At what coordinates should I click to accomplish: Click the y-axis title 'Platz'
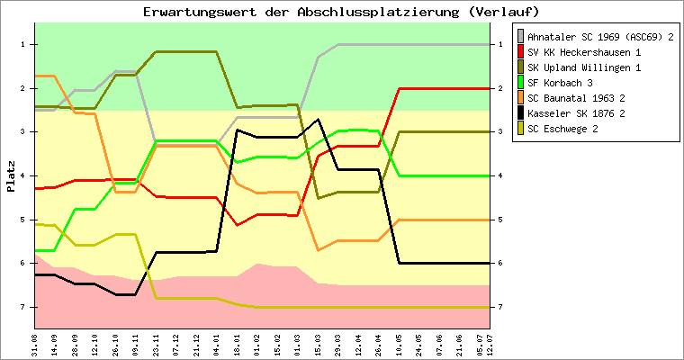tap(11, 176)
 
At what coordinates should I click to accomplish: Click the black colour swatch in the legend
tap(520, 113)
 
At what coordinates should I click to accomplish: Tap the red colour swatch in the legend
tap(520, 52)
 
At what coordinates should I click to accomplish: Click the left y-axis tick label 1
tap(21, 44)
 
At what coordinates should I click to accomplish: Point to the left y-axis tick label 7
tap(21, 307)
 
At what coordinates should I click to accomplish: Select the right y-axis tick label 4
tap(498, 175)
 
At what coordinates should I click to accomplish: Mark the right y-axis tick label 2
tap(498, 88)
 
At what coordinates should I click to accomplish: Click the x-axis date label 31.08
tap(35, 343)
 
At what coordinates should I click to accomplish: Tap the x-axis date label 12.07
tap(489, 343)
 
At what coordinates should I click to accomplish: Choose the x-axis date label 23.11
tap(157, 343)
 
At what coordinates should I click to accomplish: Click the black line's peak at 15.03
tap(318, 120)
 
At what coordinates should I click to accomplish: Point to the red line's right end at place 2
tap(488, 88)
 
